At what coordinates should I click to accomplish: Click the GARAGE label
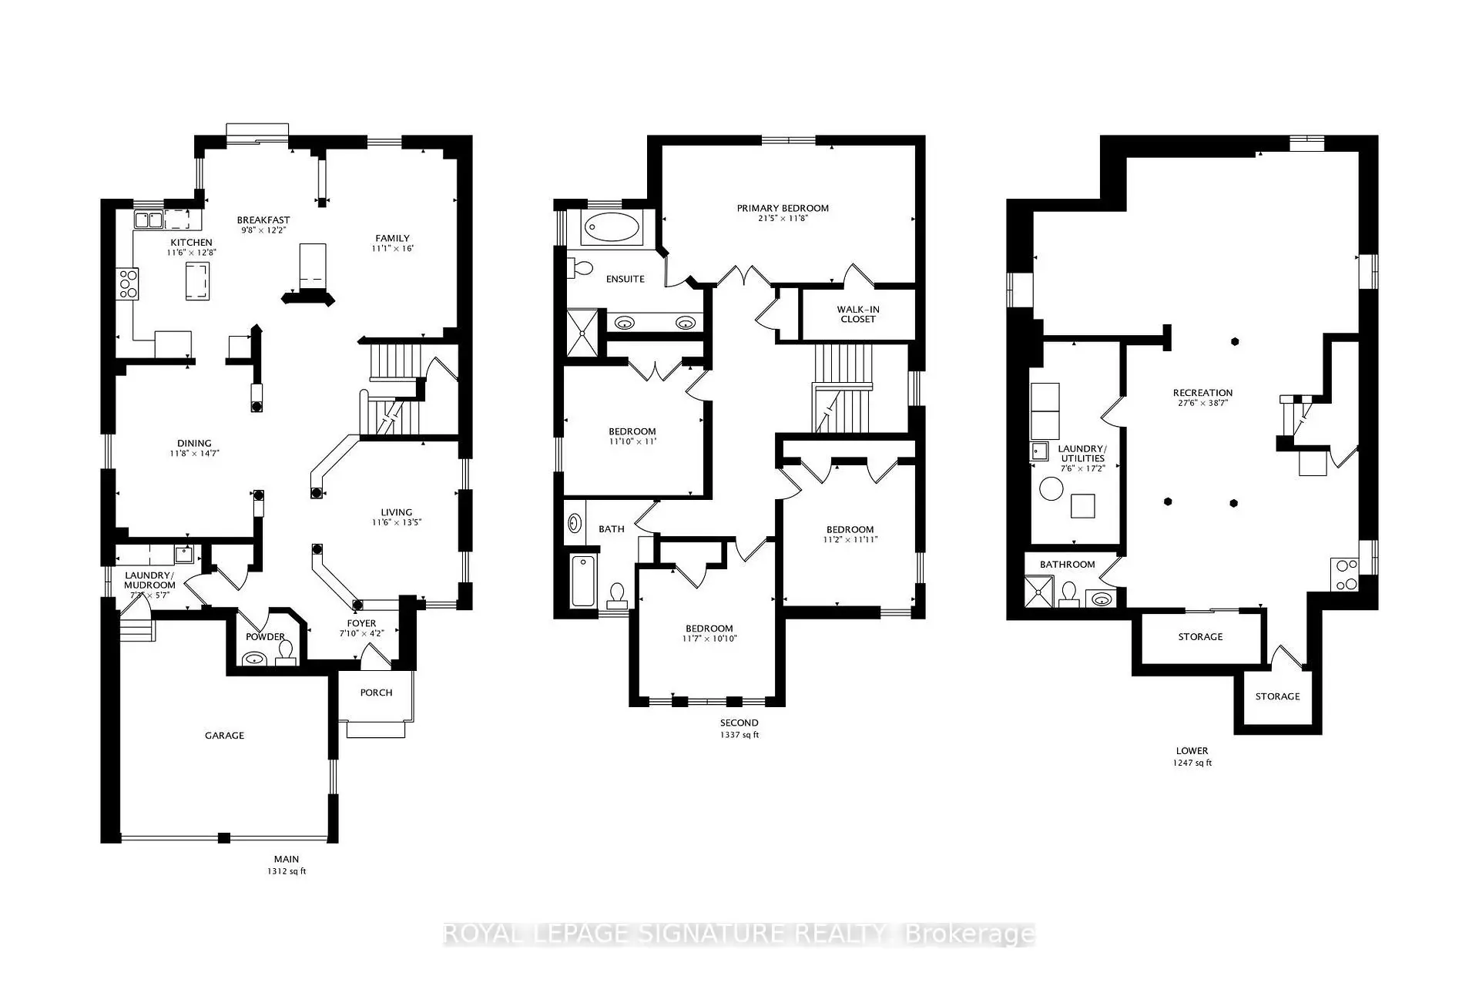[x=224, y=736]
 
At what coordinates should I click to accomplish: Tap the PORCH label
[x=376, y=693]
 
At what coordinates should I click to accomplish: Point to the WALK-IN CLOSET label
[x=858, y=314]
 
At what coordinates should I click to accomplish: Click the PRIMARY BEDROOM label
[x=783, y=208]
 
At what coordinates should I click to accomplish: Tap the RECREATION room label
[x=1202, y=393]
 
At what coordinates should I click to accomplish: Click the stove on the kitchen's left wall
[x=127, y=283]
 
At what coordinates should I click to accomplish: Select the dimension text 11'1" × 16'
[x=393, y=249]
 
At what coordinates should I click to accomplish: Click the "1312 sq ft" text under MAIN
[x=287, y=871]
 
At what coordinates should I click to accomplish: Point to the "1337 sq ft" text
[x=739, y=735]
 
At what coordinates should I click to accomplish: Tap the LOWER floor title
[x=1192, y=750]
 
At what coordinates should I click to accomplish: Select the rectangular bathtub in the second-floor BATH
[x=583, y=580]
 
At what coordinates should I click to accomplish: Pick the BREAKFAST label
[x=263, y=220]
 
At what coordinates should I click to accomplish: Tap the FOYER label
[x=361, y=624]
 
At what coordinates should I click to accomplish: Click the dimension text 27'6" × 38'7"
[x=1202, y=403]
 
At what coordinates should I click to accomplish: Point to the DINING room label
[x=194, y=444]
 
